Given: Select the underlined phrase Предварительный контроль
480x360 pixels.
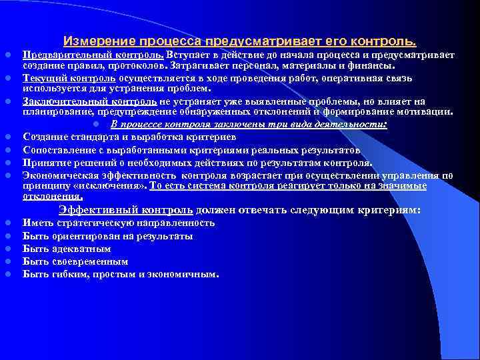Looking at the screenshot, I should [93, 55].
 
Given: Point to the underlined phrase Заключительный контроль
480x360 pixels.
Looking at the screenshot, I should [90, 101].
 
